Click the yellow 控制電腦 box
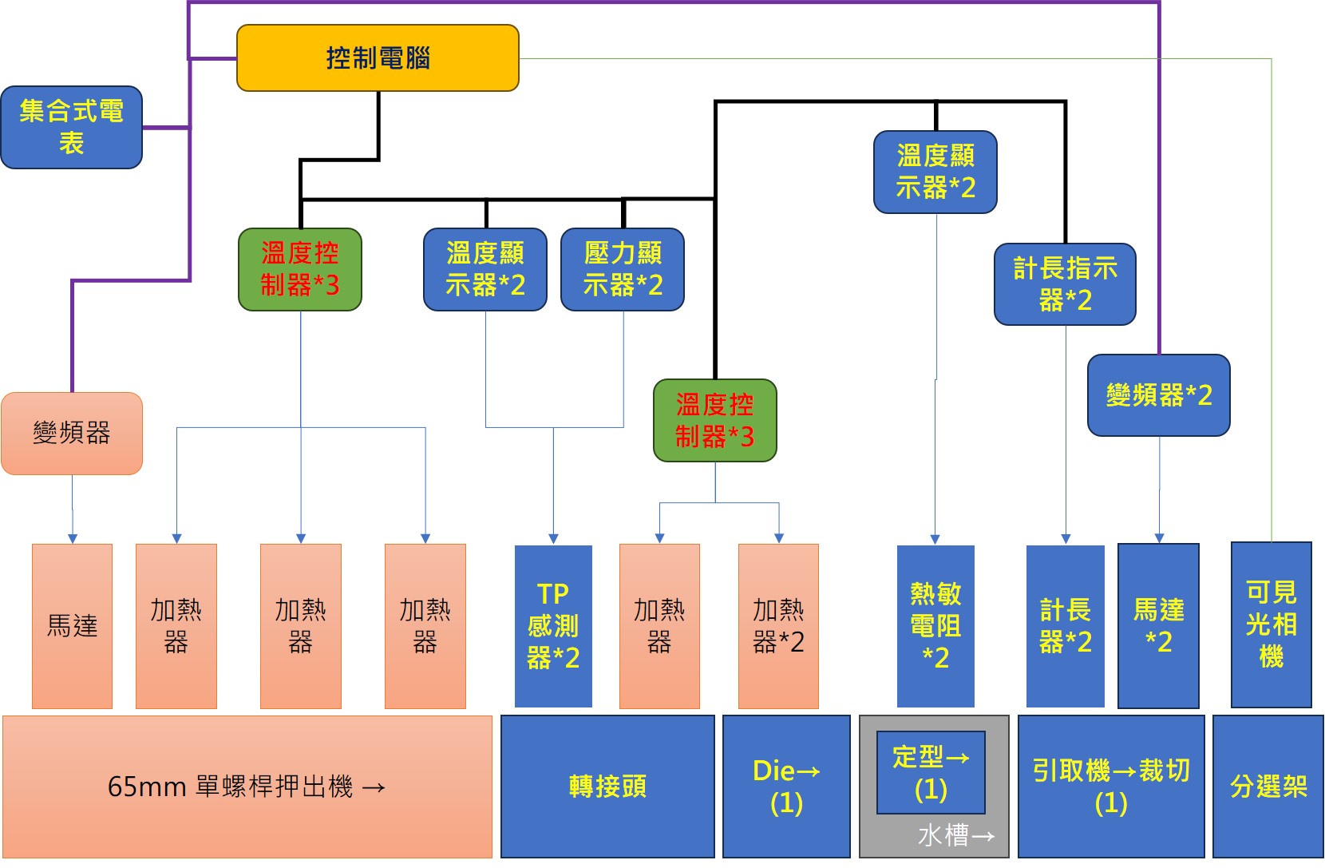click(378, 57)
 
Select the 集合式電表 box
click(71, 127)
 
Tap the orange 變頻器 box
click(72, 433)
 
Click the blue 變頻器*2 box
click(1158, 394)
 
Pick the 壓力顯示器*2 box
click(623, 269)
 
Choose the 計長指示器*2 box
click(1065, 283)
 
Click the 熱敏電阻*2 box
click(935, 625)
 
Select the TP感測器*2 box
click(553, 625)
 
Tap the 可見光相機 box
click(1271, 624)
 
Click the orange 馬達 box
click(72, 625)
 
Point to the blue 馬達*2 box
click(1158, 625)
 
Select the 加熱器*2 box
click(778, 625)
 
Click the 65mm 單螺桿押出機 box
click(247, 787)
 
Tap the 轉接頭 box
click(607, 787)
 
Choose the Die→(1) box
click(786, 787)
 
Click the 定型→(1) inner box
click(931, 772)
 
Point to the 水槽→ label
click(956, 836)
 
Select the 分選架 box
click(1268, 787)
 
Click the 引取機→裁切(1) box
click(1110, 787)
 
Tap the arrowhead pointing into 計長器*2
click(1066, 539)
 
